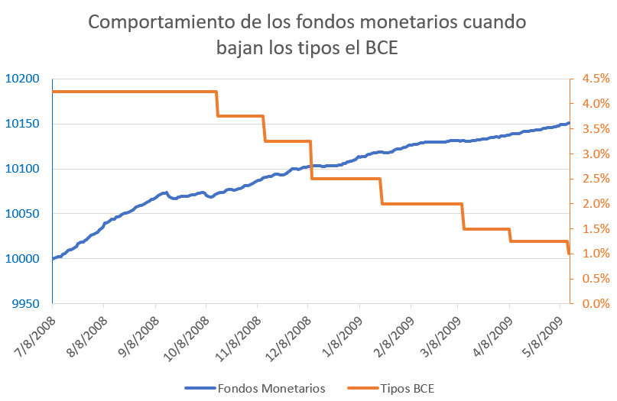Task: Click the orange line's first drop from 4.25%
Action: tap(217, 104)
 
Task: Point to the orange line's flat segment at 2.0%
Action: tap(421, 204)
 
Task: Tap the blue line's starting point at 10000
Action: tap(54, 259)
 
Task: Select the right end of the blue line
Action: tap(568, 123)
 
